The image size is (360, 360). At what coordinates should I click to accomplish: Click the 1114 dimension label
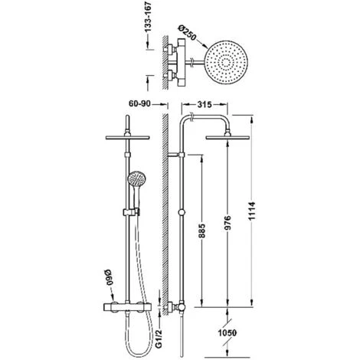(252, 211)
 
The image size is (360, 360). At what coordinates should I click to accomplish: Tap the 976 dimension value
(227, 223)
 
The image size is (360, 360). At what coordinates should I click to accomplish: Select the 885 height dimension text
(202, 231)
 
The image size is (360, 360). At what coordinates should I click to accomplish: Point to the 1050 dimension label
(227, 332)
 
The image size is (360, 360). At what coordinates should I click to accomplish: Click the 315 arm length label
(205, 104)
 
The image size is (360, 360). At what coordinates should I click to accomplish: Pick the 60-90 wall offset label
(139, 104)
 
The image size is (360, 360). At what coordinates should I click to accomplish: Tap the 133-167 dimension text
(149, 17)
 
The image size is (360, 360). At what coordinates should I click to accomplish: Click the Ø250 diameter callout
(188, 32)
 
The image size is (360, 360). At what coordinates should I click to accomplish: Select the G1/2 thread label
(159, 338)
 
